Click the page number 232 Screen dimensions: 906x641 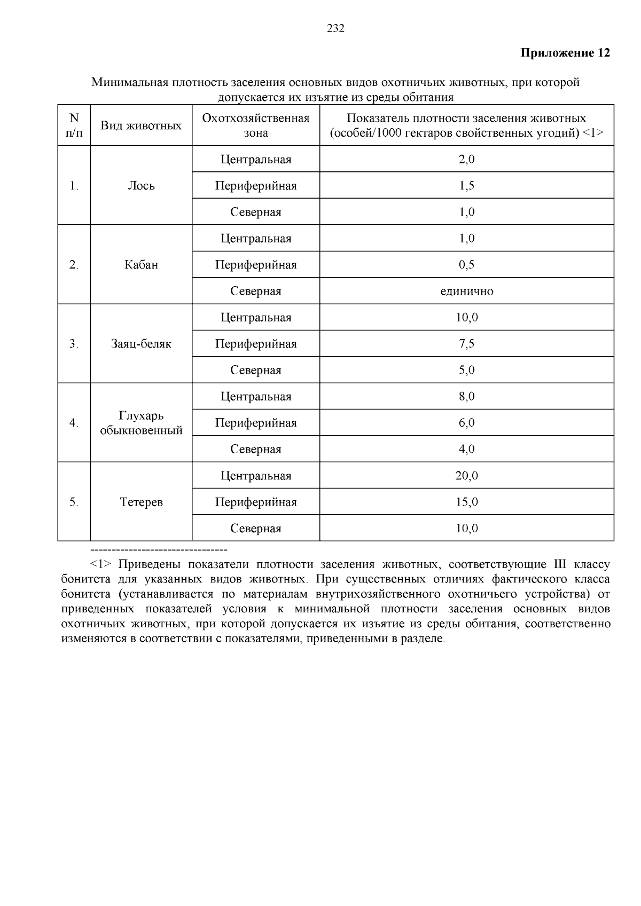coord(335,29)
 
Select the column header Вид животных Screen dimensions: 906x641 coord(141,125)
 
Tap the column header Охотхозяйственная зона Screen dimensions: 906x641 coord(256,125)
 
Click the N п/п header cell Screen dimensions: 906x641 coord(74,125)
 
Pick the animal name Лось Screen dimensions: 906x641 coord(141,186)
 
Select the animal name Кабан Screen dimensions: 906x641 coord(141,265)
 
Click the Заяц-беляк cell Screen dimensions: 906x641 coord(141,344)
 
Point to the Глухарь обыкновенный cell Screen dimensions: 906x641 coord(141,423)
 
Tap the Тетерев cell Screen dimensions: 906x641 coord(141,502)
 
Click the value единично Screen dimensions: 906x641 coord(466,291)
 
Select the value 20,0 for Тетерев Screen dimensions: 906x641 coord(466,476)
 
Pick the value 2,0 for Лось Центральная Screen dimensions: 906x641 coord(466,159)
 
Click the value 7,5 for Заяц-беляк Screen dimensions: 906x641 coord(466,344)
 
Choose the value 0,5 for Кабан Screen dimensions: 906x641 coord(466,265)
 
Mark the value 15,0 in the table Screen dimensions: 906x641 coord(466,502)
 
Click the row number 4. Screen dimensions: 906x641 coord(74,423)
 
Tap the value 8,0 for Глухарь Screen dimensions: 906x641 coord(466,397)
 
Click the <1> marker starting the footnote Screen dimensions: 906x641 coord(101,565)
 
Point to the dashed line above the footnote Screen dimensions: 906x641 coord(159,549)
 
